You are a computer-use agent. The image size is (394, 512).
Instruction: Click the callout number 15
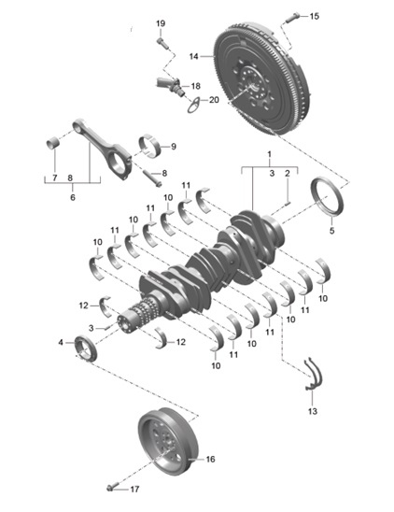click(x=315, y=16)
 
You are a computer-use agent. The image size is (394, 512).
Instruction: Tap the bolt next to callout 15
click(x=292, y=18)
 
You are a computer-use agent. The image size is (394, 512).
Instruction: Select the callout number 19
click(x=161, y=23)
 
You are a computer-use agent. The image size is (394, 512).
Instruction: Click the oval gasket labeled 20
click(x=194, y=106)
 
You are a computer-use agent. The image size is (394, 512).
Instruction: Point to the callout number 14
click(x=194, y=56)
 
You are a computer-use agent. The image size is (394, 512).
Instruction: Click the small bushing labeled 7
click(x=53, y=142)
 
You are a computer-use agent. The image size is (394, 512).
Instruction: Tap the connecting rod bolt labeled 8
click(x=151, y=178)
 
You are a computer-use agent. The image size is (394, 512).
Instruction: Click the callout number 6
click(x=73, y=197)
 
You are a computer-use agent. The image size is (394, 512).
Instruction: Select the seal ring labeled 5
click(x=327, y=197)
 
